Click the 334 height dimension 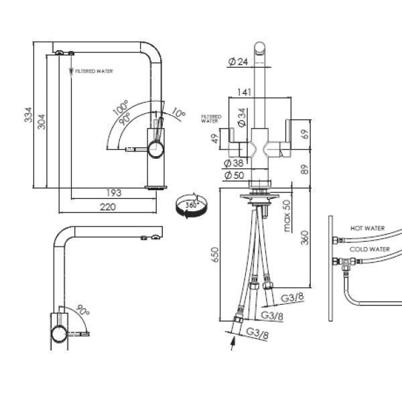(x=28, y=115)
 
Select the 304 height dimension (x=42, y=122)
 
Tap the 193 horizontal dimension (x=114, y=193)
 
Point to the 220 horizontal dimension (x=108, y=207)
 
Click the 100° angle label (x=120, y=108)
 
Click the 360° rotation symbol (x=191, y=205)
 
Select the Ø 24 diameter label (x=238, y=62)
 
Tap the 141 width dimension (x=244, y=92)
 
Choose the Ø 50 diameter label (x=234, y=176)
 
